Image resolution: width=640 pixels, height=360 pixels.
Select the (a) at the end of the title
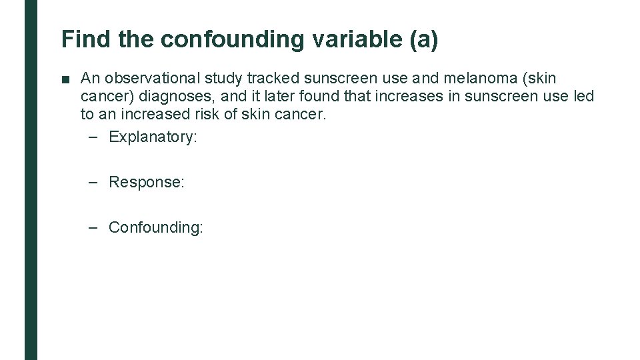[x=426, y=39]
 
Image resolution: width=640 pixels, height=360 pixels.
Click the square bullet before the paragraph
[x=65, y=79]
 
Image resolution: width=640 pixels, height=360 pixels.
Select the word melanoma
[x=471, y=79]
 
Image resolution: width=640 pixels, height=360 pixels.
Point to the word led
[x=583, y=96]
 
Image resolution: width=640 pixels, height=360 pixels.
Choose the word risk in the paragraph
[x=195, y=114]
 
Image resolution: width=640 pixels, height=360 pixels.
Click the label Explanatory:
[x=153, y=137]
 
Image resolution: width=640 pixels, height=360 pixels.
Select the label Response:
[x=146, y=182]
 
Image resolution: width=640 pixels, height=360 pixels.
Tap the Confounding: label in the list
[x=155, y=227]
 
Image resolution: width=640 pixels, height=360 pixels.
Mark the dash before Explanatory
[x=93, y=137]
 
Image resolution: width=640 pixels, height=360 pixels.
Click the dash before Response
[x=93, y=182]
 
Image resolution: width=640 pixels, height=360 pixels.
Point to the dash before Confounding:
[x=93, y=227]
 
